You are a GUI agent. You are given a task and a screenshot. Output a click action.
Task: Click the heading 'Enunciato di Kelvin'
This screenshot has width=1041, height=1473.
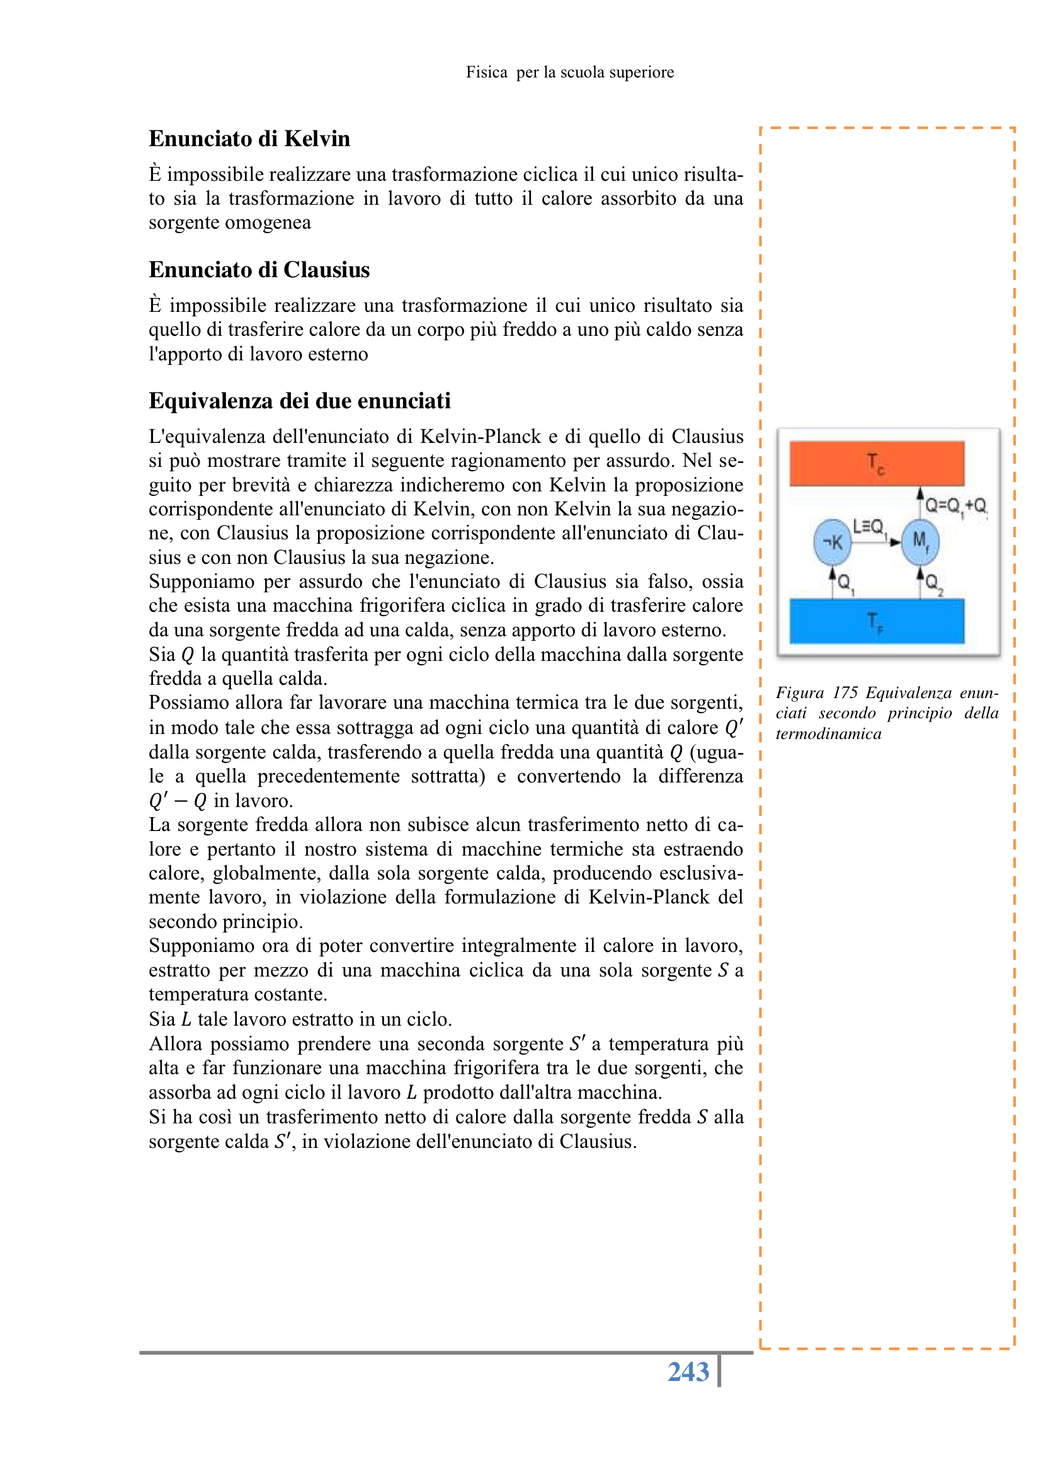coord(249,139)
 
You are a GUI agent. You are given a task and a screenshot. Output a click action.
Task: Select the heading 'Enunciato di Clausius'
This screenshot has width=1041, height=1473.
coord(259,270)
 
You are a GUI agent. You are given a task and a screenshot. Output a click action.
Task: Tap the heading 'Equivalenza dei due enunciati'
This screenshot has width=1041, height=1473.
coord(300,401)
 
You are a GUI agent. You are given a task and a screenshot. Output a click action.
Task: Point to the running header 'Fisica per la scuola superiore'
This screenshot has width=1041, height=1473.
coord(569,72)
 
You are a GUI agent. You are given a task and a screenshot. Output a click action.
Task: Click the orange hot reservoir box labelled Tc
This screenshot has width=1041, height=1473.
coord(876,462)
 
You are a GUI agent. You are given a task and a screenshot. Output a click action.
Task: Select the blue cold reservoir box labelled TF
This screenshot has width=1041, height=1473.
coord(876,621)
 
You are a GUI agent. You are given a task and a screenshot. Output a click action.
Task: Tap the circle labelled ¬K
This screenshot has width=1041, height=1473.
coord(832,542)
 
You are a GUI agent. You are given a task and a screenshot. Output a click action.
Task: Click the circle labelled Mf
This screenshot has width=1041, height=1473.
coord(920,542)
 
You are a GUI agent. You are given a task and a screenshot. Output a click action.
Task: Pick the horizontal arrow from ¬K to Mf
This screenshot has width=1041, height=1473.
coord(876,542)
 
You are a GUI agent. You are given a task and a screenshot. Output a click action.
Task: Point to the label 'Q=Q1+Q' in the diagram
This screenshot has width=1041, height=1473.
coord(955,506)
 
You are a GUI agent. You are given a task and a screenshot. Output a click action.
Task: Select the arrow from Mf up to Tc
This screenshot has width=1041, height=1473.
coord(920,503)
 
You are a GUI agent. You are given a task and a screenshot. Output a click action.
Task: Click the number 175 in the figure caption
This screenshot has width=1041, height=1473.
coord(845,693)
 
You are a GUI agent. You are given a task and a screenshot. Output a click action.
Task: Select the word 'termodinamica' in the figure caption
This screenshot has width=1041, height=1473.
coord(828,734)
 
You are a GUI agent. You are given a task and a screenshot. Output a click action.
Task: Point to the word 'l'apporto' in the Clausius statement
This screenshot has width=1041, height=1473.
coord(185,354)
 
